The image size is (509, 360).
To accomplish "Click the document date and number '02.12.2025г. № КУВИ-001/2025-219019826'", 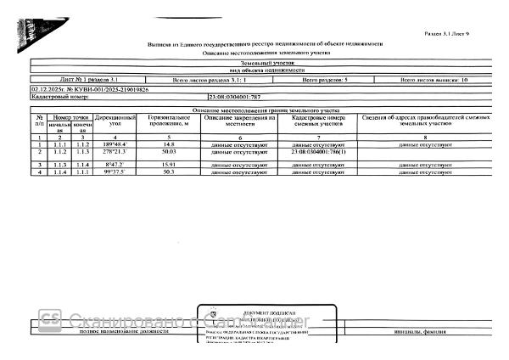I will point(89,89).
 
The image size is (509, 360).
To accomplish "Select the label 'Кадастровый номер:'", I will point(54,98).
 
